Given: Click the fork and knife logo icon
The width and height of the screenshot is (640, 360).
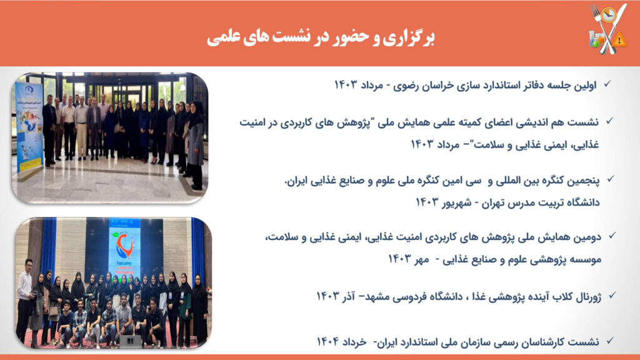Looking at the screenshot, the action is [x=608, y=29].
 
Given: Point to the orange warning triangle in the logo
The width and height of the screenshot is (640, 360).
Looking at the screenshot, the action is [x=619, y=39].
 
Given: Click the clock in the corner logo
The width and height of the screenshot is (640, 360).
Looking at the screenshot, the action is [x=608, y=15].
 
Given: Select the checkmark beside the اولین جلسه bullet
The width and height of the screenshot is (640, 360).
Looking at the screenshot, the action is [x=607, y=84].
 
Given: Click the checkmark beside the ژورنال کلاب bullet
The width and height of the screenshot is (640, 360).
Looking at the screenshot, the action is [x=611, y=296].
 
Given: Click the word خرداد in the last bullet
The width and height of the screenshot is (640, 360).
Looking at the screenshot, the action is [x=355, y=342].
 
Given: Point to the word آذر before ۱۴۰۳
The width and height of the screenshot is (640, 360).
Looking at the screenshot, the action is [x=349, y=296].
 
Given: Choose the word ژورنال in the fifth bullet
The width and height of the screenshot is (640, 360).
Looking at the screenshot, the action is [x=588, y=297].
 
